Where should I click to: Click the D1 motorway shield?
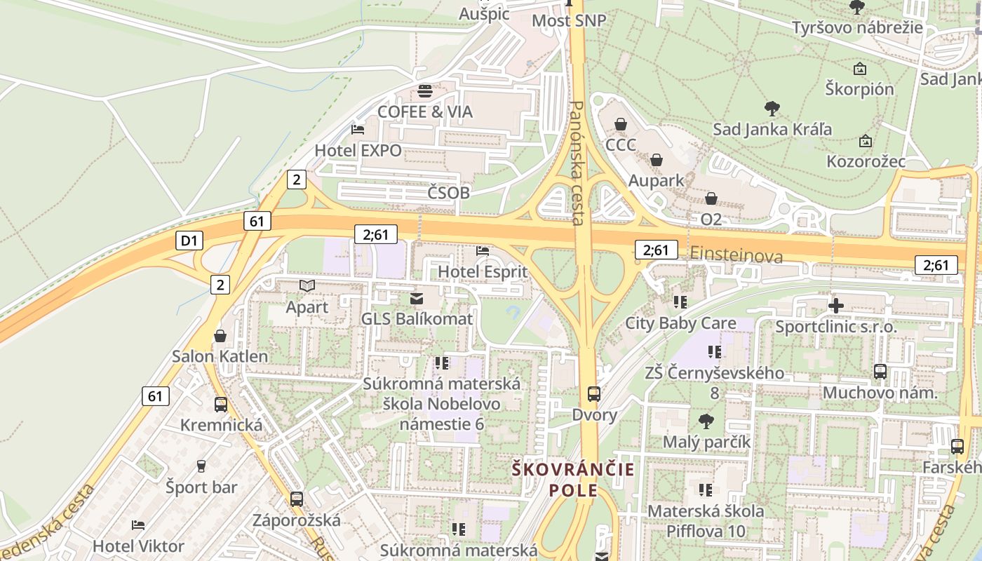[x=189, y=241]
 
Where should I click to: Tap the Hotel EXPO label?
[x=358, y=150]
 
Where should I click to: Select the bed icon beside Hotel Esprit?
[x=483, y=250]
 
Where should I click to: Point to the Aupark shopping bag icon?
[x=657, y=161]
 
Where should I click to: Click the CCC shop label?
[x=621, y=145]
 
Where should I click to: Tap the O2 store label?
[x=711, y=219]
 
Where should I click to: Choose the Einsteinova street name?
[x=736, y=255]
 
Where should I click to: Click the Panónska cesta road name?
[x=577, y=163]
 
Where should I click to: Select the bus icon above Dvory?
[x=594, y=394]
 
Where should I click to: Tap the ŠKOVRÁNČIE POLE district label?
[x=573, y=480]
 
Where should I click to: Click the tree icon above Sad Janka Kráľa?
[x=772, y=109]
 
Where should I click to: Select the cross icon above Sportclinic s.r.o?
[x=835, y=306]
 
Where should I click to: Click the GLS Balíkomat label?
[x=417, y=319]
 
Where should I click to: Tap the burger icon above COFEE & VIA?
[x=425, y=91]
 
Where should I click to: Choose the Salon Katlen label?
[x=220, y=356]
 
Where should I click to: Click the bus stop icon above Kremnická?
[x=221, y=405]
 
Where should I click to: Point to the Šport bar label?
[x=201, y=487]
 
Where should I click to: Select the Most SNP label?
[x=568, y=20]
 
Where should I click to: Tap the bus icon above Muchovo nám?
[x=880, y=372]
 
